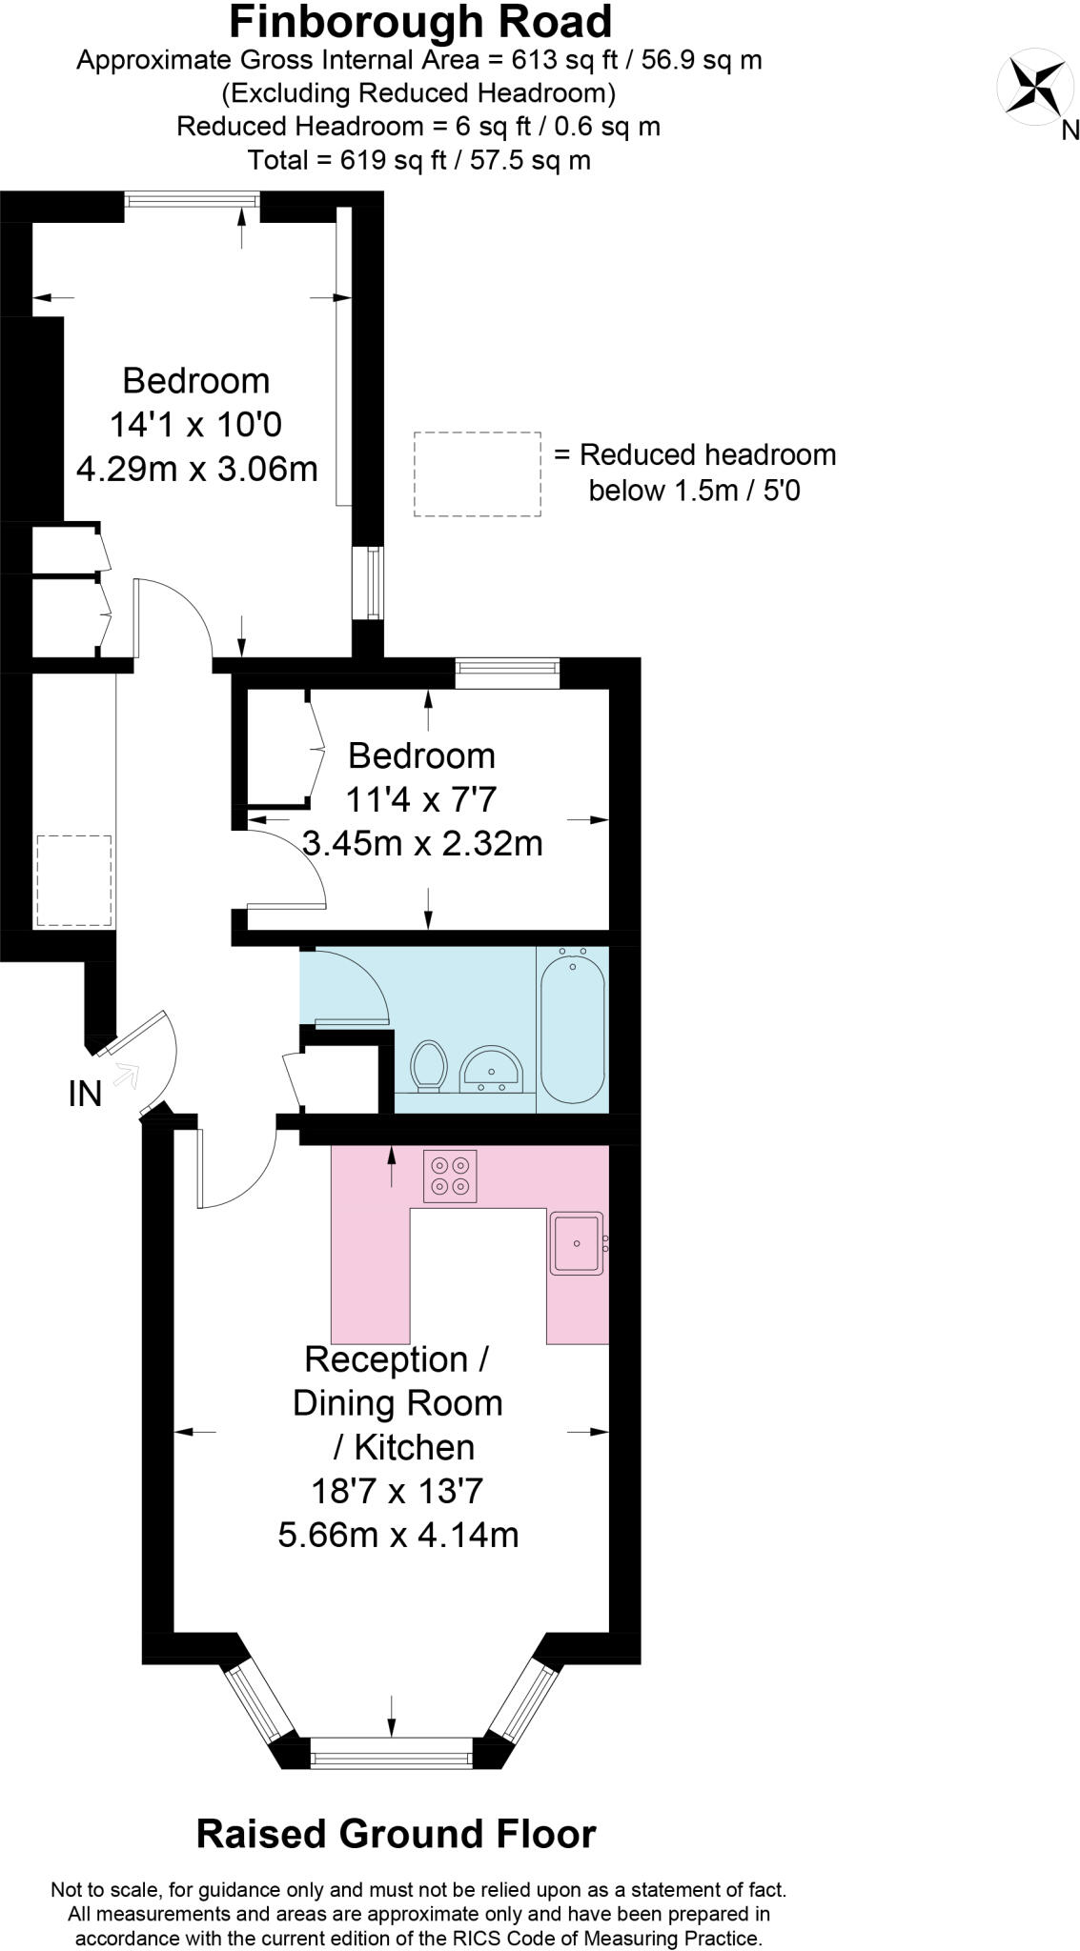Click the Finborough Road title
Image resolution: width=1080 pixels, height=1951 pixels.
(420, 21)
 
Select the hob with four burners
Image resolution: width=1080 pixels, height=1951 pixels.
(450, 1176)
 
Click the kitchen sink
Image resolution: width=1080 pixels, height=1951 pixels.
(577, 1243)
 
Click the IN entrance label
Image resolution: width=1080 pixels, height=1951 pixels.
(85, 1094)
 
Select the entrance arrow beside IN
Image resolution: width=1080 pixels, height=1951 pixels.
(126, 1076)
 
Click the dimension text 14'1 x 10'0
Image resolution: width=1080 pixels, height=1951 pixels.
(195, 424)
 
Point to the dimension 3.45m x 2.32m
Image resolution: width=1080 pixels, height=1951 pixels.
(421, 843)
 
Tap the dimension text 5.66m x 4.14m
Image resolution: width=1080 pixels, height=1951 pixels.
(397, 1535)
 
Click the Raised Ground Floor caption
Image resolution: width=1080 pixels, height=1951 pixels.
(396, 1834)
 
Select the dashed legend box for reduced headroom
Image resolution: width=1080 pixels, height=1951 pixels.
(478, 474)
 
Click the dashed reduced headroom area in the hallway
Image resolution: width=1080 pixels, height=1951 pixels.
(73, 880)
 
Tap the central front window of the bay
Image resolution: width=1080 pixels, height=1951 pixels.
(391, 1752)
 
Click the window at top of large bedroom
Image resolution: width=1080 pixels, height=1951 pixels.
(192, 199)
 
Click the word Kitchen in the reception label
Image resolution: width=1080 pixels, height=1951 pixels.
(414, 1447)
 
